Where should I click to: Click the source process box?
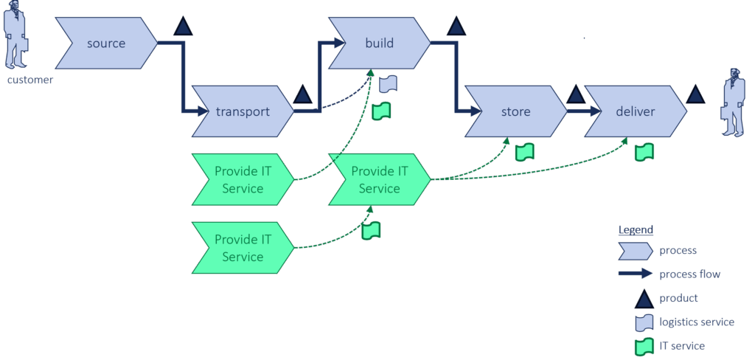click(106, 44)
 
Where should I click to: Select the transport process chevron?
click(243, 112)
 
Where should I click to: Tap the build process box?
click(380, 44)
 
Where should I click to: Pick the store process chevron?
click(515, 112)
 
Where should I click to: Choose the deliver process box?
click(636, 112)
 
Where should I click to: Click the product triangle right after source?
click(183, 27)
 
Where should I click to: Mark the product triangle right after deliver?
click(695, 94)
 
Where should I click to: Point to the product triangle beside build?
click(457, 27)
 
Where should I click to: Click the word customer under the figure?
click(30, 80)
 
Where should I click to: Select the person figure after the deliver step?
click(732, 103)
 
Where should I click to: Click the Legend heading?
click(635, 229)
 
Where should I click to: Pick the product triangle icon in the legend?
click(644, 299)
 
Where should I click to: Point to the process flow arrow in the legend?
click(636, 274)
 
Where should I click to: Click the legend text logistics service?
click(697, 322)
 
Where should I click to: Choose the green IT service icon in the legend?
click(644, 345)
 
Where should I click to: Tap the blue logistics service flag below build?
click(389, 84)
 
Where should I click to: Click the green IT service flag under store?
click(524, 152)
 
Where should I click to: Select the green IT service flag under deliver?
click(644, 152)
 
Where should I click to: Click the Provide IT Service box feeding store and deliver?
click(380, 180)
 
